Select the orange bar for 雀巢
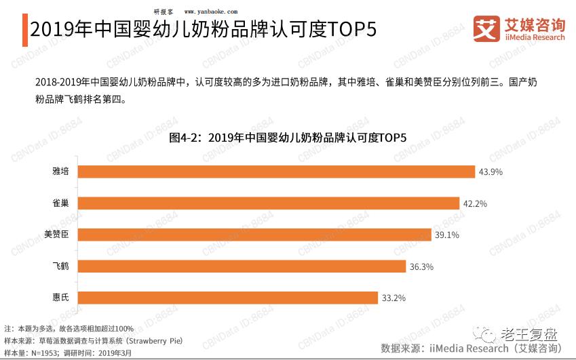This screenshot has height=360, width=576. pos(269,203)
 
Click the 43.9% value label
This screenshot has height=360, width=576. pos(490,172)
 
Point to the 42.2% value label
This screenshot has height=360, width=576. pos(475,203)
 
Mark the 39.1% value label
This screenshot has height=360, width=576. pos(447,235)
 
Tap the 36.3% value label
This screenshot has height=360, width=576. pos(421,266)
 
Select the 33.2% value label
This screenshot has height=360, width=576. pos(393,298)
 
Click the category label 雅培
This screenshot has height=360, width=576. pos(60,172)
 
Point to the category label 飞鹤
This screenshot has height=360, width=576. pos(60,266)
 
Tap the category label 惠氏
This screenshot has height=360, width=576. pos(60,298)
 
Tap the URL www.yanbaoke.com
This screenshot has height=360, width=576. pos(211,12)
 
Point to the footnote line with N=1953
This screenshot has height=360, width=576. pos(68,353)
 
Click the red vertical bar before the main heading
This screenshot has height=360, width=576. pos(25,31)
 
